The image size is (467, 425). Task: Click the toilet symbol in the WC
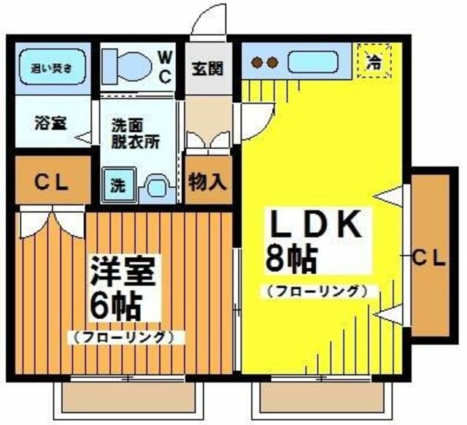(x=128, y=66)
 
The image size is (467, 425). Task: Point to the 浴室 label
(x=50, y=122)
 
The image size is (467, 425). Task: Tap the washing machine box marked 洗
(x=117, y=185)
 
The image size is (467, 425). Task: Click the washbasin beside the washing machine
(x=155, y=187)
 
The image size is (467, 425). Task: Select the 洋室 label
(x=123, y=272)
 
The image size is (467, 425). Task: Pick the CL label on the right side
(x=428, y=257)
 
